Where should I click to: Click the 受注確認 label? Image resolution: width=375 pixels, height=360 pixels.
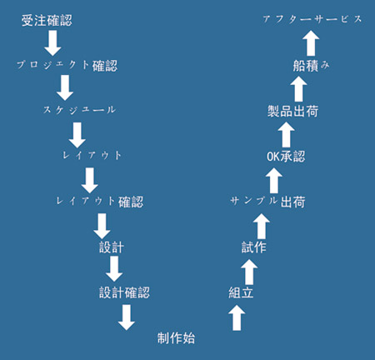47,21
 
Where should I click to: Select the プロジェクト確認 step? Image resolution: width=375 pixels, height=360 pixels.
67,66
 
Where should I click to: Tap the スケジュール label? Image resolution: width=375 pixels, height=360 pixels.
79,110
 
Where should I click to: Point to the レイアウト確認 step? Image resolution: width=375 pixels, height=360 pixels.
100,202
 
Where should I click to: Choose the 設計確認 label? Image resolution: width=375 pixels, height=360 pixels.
124,292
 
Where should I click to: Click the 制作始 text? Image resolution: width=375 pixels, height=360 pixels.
176,338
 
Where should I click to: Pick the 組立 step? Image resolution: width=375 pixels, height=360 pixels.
241,292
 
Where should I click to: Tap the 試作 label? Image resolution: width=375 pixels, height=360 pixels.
254,247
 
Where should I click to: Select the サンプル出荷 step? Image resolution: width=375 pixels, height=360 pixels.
267,202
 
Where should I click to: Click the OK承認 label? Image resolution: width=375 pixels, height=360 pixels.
286,156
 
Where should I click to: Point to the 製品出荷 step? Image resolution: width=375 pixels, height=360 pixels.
292,111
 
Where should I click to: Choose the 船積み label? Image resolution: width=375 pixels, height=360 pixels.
311,66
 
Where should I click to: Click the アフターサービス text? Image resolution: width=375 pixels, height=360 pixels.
312,19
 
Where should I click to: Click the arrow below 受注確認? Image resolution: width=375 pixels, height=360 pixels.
52,43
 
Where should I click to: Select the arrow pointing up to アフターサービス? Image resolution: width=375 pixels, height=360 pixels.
311,43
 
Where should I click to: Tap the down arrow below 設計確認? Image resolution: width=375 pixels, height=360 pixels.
127,317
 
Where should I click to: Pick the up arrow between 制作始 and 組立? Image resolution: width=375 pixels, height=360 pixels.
237,317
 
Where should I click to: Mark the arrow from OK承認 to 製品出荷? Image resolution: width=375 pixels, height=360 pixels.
286,135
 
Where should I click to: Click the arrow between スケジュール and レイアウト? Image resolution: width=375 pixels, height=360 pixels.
77,135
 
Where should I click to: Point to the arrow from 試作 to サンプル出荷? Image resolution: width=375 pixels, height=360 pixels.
262,226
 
